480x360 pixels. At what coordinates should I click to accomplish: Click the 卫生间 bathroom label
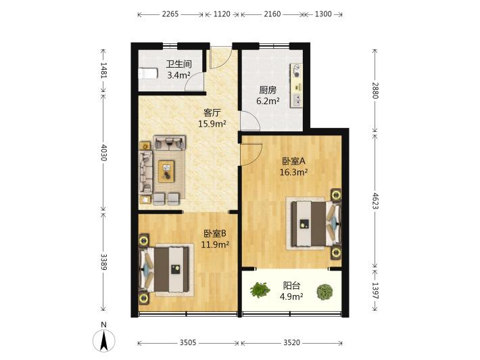[x=178, y=64]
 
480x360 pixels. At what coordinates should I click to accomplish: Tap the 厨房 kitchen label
[x=268, y=90]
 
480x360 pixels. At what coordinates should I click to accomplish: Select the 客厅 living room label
[x=212, y=113]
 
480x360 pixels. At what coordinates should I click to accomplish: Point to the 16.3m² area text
[x=293, y=172]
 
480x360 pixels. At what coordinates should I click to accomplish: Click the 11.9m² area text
[x=215, y=244]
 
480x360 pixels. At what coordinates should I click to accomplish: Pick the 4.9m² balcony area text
[x=291, y=296]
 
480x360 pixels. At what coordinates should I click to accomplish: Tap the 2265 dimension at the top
[x=170, y=14]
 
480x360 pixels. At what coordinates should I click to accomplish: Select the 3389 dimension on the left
[x=104, y=262]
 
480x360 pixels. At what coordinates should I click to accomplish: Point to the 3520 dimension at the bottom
[x=291, y=342]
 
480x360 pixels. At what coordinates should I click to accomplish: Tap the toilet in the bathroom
[x=148, y=74]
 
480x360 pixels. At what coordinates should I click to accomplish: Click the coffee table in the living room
[x=166, y=171]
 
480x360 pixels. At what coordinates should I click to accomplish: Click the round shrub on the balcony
[x=325, y=292]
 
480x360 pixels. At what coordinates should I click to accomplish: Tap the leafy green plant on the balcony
[x=260, y=290]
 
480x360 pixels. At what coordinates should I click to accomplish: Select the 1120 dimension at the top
[x=222, y=14]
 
